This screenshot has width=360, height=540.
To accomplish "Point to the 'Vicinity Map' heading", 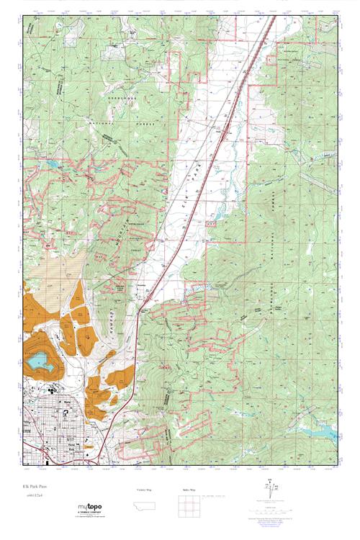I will tap(145, 490).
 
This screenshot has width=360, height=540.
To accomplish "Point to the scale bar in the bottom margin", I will tap(216, 497).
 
